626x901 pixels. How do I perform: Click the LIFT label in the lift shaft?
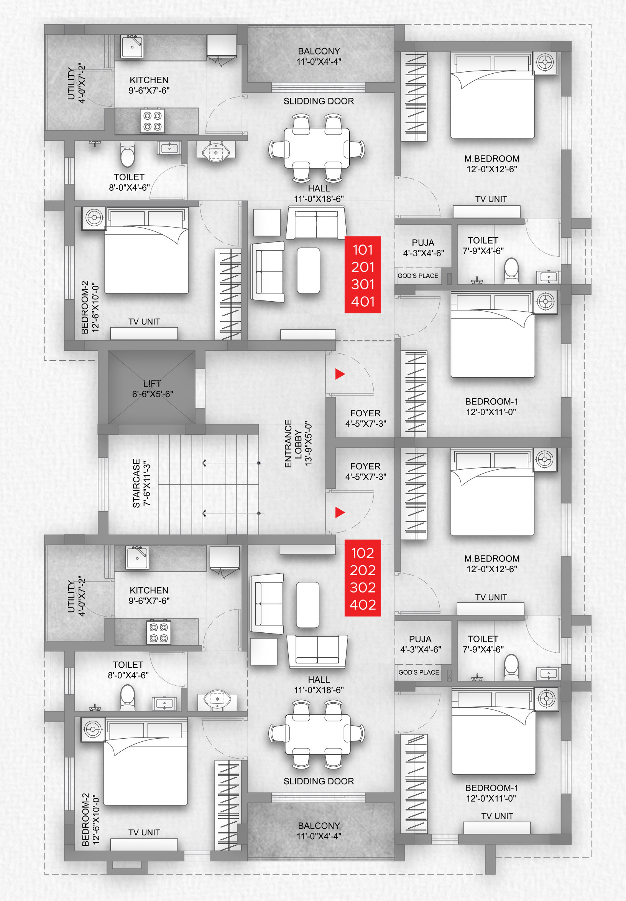click(x=152, y=384)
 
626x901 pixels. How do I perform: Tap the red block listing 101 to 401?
click(x=363, y=275)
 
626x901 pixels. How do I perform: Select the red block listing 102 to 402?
click(x=363, y=578)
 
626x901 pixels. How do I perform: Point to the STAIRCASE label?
click(x=136, y=483)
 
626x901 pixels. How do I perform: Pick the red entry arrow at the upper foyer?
click(x=340, y=374)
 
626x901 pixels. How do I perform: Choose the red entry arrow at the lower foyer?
click(x=340, y=512)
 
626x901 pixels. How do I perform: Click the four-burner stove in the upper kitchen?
click(x=153, y=121)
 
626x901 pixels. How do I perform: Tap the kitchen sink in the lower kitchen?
click(x=137, y=558)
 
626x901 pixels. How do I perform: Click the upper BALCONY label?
click(x=319, y=51)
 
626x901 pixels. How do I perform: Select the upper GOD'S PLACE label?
click(x=418, y=276)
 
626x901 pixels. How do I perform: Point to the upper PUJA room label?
click(x=423, y=243)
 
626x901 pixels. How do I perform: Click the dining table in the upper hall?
click(x=317, y=148)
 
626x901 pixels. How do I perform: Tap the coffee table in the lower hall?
click(x=308, y=604)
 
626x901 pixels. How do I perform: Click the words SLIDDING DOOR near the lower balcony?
click(x=319, y=781)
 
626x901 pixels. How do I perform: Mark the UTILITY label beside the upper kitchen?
click(x=71, y=83)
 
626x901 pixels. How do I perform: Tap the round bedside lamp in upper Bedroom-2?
click(x=94, y=218)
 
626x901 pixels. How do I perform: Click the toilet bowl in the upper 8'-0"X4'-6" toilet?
click(x=127, y=155)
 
